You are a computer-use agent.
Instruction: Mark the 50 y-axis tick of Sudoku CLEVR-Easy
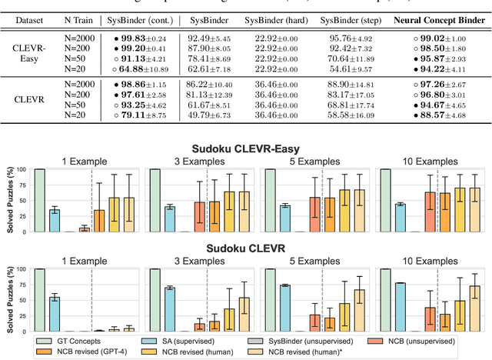coord(22,200)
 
